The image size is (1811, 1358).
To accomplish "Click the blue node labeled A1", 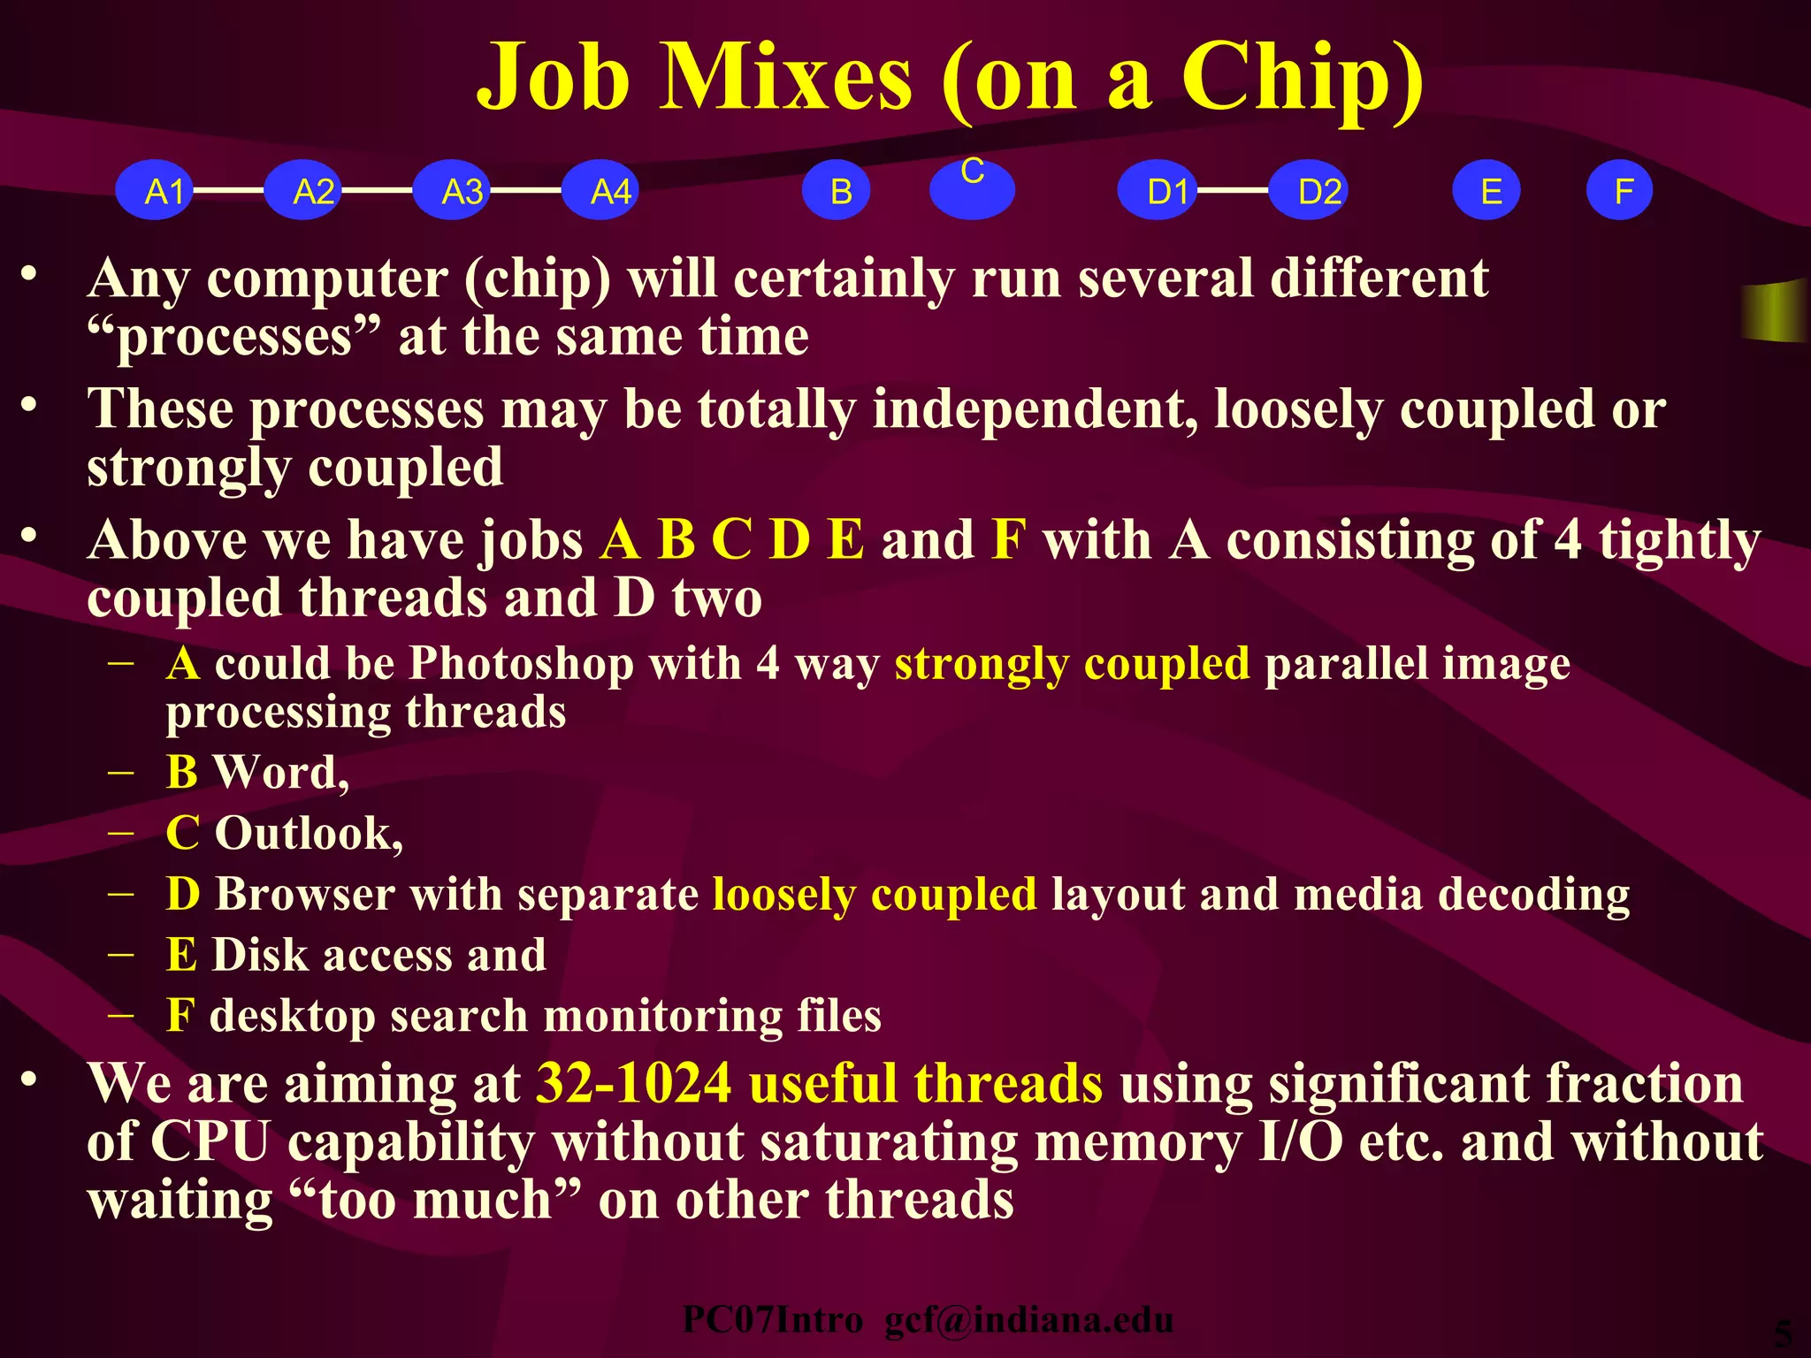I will pyautogui.click(x=156, y=191).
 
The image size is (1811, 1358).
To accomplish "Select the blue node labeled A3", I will pyautogui.click(x=453, y=191).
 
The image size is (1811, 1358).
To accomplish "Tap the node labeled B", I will pyautogui.click(x=837, y=191).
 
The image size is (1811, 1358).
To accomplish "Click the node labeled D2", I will pyautogui.click(x=1309, y=191).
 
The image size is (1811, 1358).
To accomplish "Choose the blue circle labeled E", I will pyautogui.click(x=1486, y=191).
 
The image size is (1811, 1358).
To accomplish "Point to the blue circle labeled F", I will pyautogui.click(x=1619, y=191).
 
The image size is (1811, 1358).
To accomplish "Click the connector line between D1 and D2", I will pyautogui.click(x=1233, y=190).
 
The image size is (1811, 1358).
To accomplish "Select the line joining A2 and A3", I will pyautogui.click(x=378, y=190).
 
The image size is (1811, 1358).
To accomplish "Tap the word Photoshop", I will pyautogui.click(x=521, y=663).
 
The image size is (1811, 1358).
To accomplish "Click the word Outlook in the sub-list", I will pyautogui.click(x=303, y=834).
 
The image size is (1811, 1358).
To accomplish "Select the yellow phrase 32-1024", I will pyautogui.click(x=633, y=1084).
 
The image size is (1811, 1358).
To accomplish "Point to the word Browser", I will pyautogui.click(x=304, y=894).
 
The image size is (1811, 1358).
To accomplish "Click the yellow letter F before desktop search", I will pyautogui.click(x=180, y=1015).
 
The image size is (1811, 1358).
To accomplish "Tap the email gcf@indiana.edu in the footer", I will pyautogui.click(x=1028, y=1320).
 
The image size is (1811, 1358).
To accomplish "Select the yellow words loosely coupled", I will pyautogui.click(x=874, y=894).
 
